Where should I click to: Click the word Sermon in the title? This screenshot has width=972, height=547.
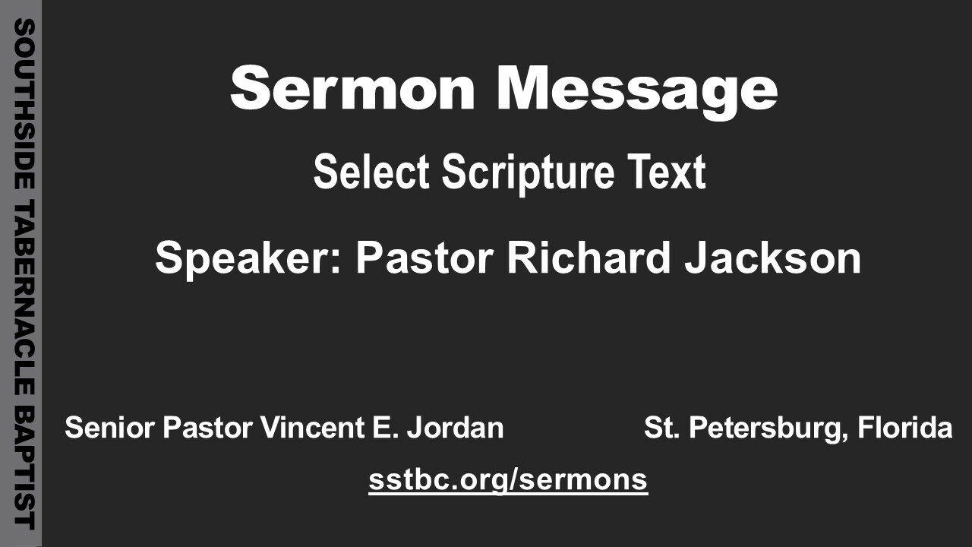[x=352, y=88]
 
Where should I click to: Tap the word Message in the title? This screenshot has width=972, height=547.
[x=636, y=92]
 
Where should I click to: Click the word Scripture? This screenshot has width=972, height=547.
[x=528, y=174]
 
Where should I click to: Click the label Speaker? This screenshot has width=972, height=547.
[x=248, y=260]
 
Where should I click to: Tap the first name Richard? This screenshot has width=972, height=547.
[x=589, y=258]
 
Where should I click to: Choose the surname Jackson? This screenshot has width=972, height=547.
[x=773, y=258]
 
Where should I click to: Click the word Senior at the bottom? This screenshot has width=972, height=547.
[x=110, y=427]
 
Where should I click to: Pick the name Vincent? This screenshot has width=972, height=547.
[x=311, y=427]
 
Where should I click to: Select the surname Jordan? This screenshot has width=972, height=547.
[x=455, y=427]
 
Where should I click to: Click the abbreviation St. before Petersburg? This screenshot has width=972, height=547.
[x=661, y=427]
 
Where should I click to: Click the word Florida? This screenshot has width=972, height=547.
[x=905, y=427]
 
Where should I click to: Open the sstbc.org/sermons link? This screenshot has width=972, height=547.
[x=508, y=481]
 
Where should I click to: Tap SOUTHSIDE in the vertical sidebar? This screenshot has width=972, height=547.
[x=24, y=104]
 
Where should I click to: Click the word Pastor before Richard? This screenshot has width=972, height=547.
[x=424, y=258]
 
